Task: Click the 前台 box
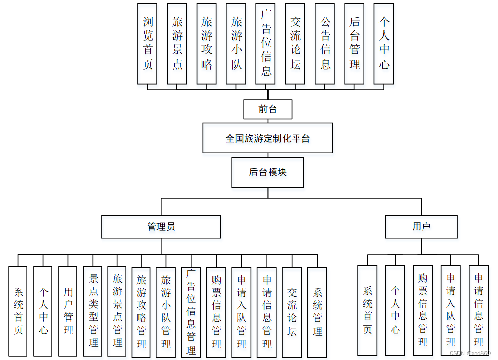[268, 109]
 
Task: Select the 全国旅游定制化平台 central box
[268, 138]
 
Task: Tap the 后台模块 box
[268, 172]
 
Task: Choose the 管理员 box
[161, 226]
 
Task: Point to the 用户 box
[421, 226]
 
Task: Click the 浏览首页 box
[148, 43]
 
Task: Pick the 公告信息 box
[325, 43]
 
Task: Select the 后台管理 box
[354, 43]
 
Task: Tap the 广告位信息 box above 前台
[266, 43]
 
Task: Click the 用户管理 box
[68, 311]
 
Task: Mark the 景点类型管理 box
[93, 311]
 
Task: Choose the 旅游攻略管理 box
[141, 312]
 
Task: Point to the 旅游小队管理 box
[166, 312]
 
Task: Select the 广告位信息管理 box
[191, 312]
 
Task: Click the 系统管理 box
[317, 312]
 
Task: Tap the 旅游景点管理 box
[117, 311]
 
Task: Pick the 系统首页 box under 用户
[367, 310]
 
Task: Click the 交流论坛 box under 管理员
[292, 312]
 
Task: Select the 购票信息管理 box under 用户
[423, 310]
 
